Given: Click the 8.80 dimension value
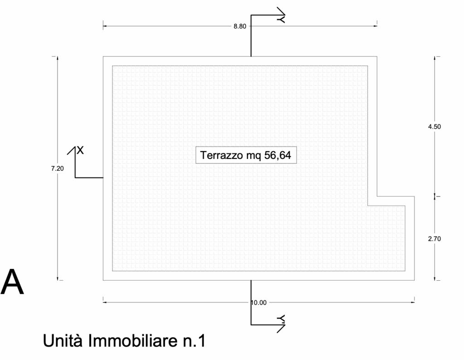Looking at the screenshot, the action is [240, 26].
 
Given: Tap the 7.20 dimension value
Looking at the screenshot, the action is [58, 168].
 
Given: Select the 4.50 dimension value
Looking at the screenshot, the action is [434, 127].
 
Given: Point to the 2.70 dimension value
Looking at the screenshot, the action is [434, 239].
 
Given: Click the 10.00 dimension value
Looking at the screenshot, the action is [259, 302].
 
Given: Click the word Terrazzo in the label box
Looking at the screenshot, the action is [221, 155].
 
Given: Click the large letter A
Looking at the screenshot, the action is [12, 282].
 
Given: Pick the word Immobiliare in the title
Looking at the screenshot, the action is [132, 341].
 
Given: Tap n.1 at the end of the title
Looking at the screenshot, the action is [194, 341].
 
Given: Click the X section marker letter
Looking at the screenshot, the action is [80, 150].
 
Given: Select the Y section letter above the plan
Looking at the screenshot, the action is [281, 19].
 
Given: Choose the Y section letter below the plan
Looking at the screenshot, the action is [281, 318].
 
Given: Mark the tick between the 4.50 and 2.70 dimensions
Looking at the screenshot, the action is [435, 196].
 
